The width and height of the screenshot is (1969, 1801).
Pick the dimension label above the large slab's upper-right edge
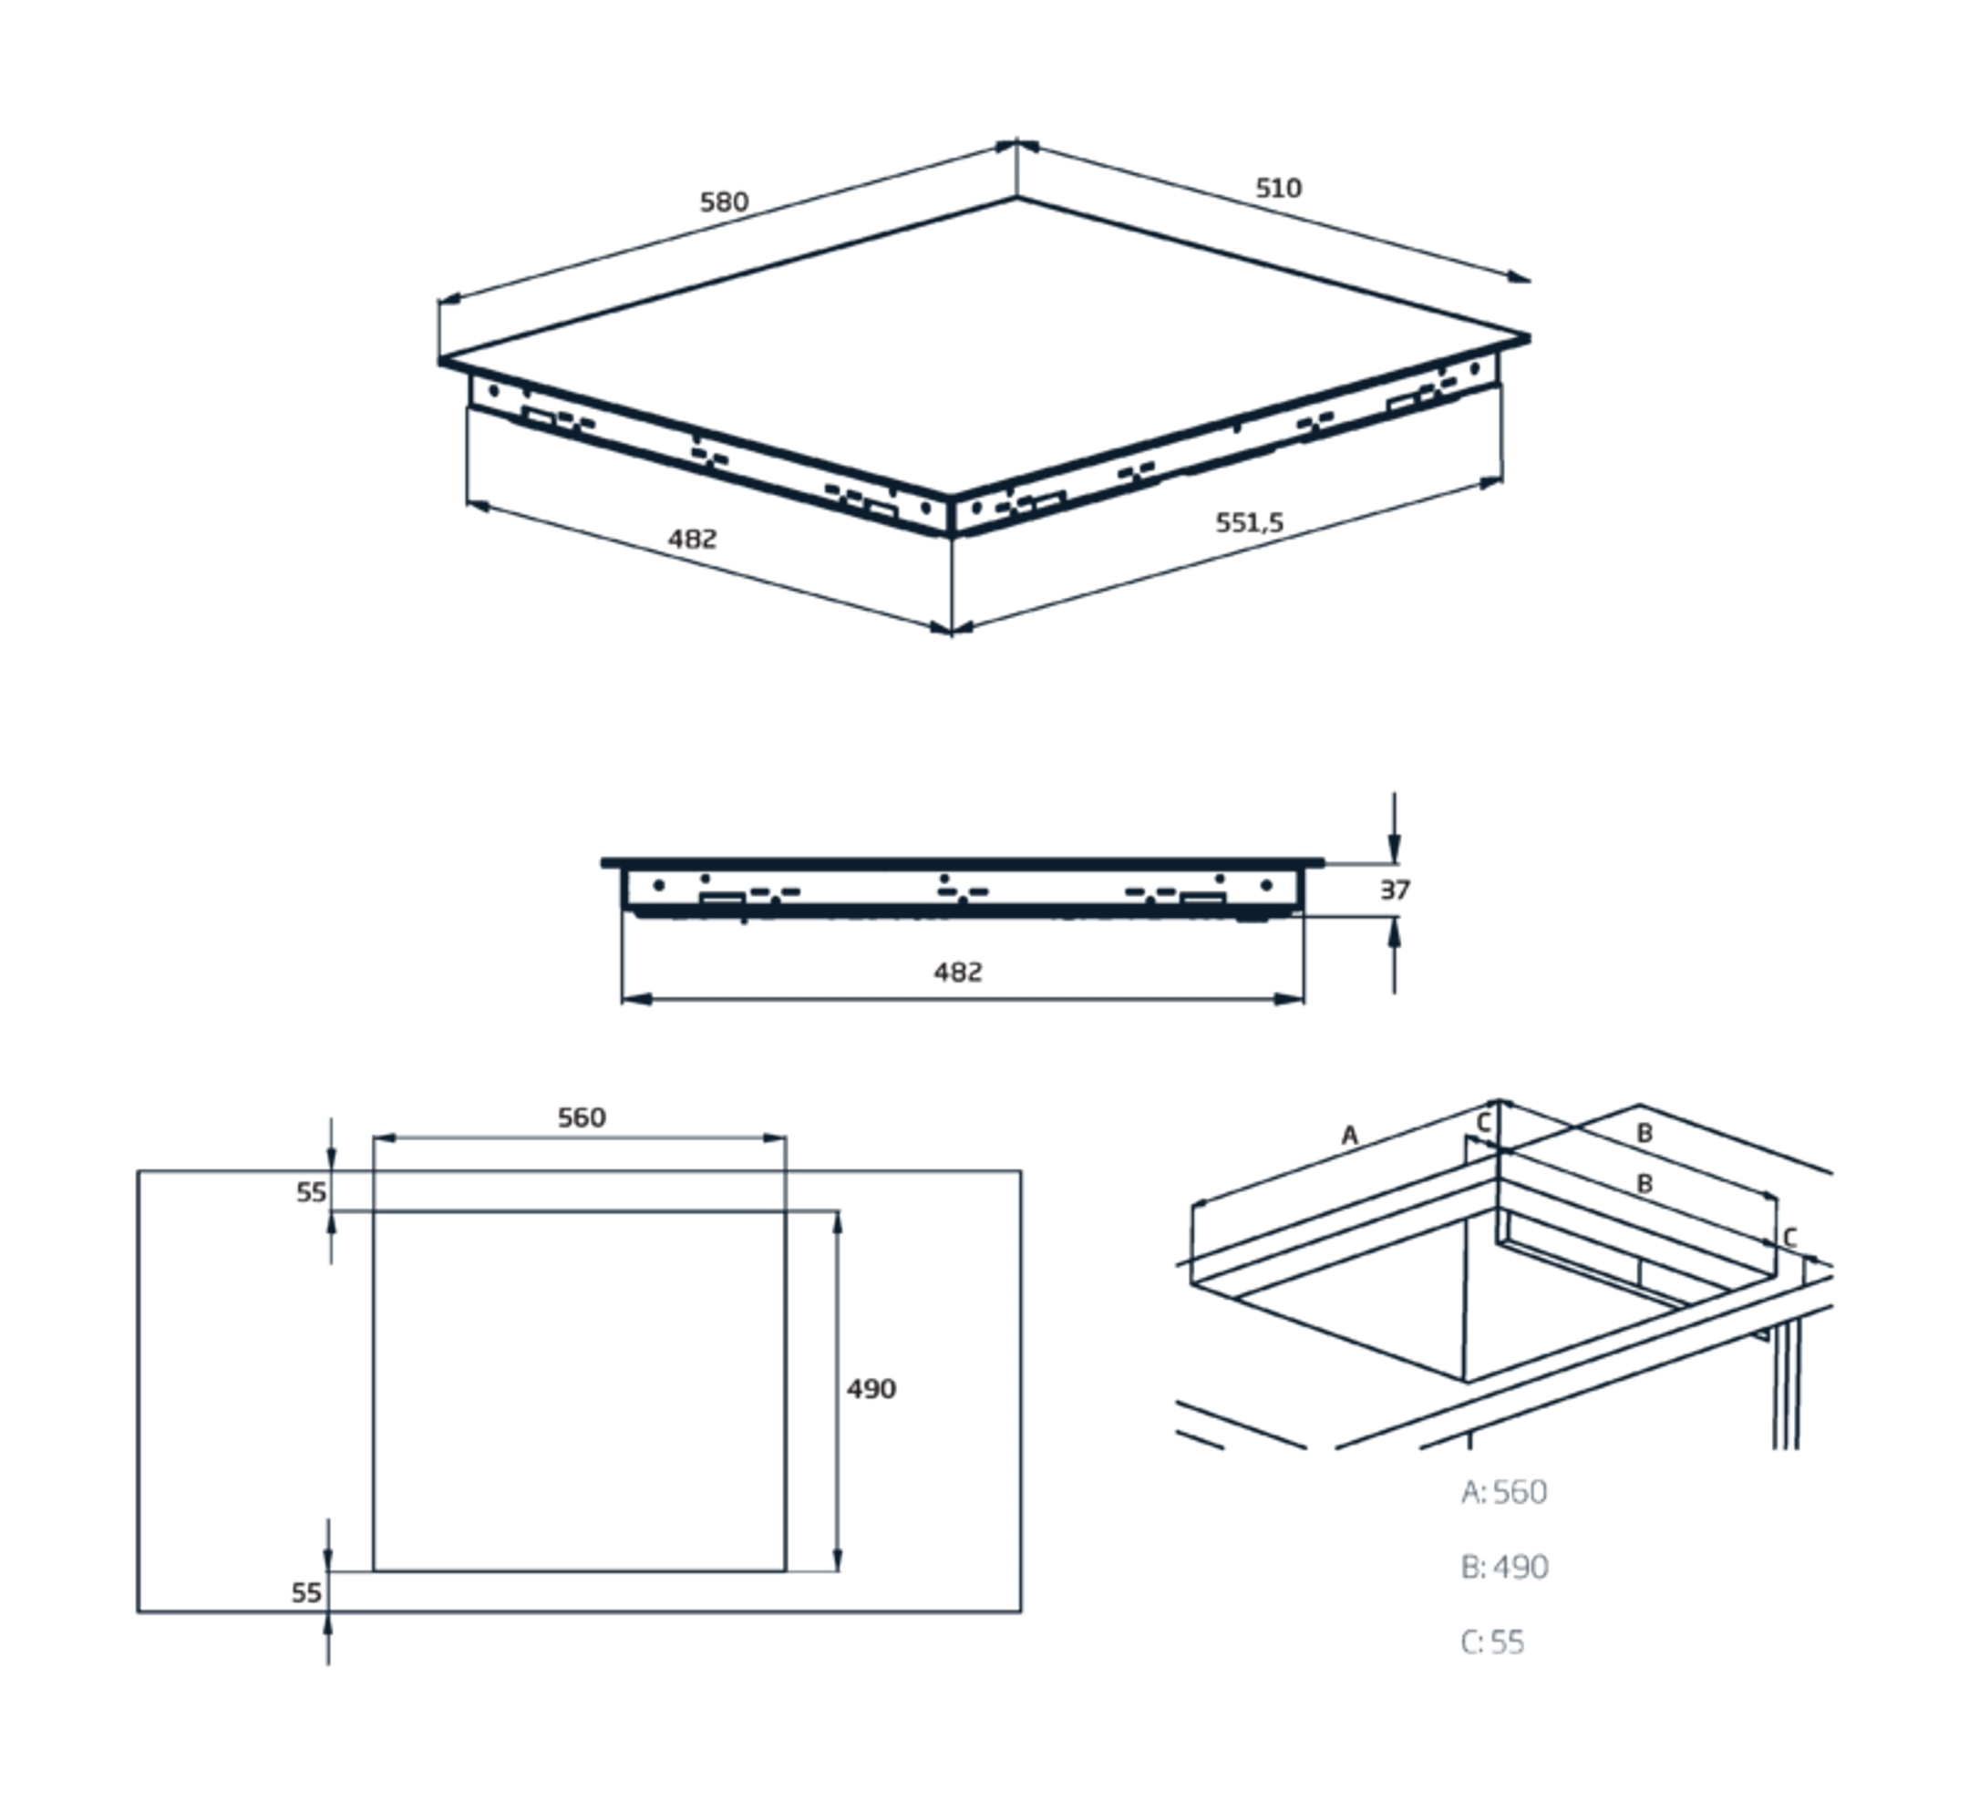pyautogui.click(x=1280, y=188)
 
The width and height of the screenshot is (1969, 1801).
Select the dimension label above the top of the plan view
pyautogui.click(x=582, y=1116)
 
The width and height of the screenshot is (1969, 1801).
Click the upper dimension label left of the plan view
pyautogui.click(x=309, y=1195)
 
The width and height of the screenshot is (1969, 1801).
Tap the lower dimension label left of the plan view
pyautogui.click(x=304, y=1591)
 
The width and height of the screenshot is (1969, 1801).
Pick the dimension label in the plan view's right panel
pyautogui.click(x=873, y=1388)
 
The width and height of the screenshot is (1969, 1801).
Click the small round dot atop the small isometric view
pyautogui.click(x=1484, y=1125)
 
